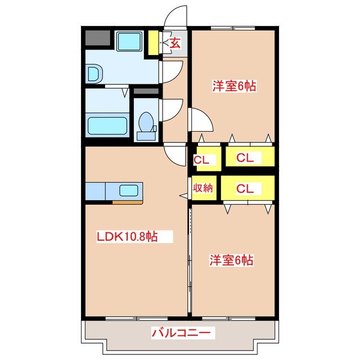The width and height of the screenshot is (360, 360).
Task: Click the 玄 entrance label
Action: point(175,43)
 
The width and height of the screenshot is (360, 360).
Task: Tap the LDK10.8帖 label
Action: point(127,236)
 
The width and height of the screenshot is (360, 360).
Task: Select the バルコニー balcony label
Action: point(181,332)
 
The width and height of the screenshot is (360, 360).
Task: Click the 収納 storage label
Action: point(202,188)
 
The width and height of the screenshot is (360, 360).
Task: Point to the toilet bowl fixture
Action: point(146,122)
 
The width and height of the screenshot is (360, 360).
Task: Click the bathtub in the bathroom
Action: point(107,126)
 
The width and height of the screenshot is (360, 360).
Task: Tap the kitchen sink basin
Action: point(129,191)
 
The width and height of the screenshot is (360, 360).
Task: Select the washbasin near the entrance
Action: point(129,41)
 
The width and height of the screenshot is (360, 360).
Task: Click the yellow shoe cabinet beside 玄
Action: point(153,43)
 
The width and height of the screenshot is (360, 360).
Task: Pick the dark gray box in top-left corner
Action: point(98,38)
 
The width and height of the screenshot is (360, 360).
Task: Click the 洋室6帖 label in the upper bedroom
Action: point(234,86)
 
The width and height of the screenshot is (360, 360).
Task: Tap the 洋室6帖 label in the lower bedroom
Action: point(231,260)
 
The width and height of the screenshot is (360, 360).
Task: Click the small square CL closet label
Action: point(201,160)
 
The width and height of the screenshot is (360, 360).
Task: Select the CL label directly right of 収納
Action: point(245,189)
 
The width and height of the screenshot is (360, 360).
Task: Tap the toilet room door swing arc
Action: point(177,114)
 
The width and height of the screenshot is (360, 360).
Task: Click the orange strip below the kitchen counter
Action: point(128,202)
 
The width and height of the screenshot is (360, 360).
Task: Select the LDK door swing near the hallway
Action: point(171,159)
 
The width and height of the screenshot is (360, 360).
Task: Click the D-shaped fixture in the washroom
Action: point(94,74)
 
